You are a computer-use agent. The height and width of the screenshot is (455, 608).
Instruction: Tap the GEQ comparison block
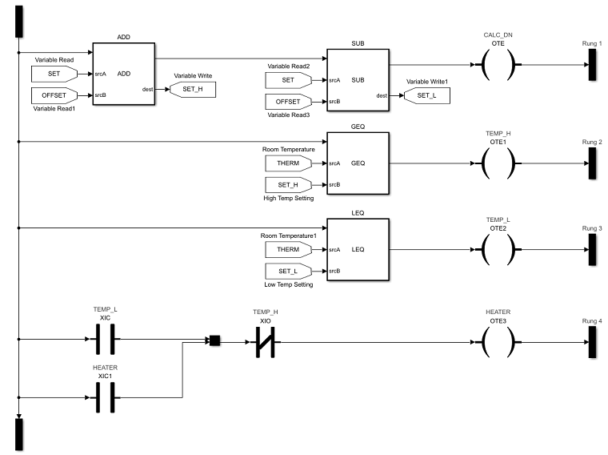358,163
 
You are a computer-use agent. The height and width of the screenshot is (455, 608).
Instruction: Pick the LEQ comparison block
358,249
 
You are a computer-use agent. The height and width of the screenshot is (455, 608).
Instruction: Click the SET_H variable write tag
192,89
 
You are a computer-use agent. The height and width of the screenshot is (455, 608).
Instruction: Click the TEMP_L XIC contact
106,339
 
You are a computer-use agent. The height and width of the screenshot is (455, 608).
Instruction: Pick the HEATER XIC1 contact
106,397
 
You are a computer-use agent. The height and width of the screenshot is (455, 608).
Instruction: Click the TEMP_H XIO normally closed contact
265,342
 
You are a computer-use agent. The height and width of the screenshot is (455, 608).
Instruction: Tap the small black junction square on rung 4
214,341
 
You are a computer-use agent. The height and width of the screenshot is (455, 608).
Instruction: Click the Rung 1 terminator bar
593,64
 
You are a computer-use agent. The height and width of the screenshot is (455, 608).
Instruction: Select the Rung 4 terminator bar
593,342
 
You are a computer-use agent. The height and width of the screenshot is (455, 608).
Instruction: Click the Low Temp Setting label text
289,284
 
